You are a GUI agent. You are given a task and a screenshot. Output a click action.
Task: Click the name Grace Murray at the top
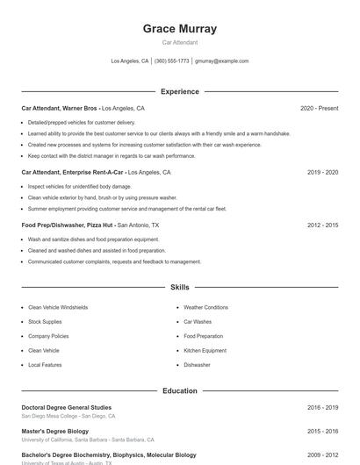[x=179, y=29]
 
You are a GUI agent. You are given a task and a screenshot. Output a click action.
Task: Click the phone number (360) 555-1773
[x=171, y=61]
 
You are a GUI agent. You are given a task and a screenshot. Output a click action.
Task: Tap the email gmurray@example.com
[x=221, y=61]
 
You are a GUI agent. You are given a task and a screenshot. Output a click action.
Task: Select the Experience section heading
[x=179, y=91]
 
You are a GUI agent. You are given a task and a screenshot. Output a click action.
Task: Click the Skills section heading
[x=179, y=287]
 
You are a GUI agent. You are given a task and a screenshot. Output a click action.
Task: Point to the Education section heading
[x=179, y=390]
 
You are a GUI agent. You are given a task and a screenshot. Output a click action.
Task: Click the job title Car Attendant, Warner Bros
[x=60, y=108]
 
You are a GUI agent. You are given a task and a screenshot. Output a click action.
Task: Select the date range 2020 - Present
[x=319, y=108]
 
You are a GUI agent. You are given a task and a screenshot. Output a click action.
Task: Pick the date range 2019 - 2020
[x=322, y=173]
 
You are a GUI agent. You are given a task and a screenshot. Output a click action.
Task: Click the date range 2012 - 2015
[x=322, y=225]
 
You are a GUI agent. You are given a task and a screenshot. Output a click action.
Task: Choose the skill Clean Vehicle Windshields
[x=58, y=308]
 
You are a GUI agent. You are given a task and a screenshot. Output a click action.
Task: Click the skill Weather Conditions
[x=205, y=308]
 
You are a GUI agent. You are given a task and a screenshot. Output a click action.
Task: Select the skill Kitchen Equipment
[x=205, y=350]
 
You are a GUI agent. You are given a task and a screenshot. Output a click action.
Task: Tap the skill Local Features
[x=45, y=364]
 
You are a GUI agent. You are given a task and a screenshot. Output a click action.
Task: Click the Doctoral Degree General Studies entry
[x=67, y=407]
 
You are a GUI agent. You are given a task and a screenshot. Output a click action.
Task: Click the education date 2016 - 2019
[x=322, y=407]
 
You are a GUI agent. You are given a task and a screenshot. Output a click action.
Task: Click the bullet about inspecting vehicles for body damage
[x=79, y=187]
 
